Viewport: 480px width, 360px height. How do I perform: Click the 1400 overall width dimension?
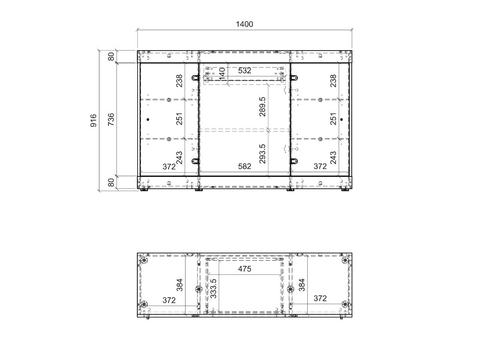click(244, 24)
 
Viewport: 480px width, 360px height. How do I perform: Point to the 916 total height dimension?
click(94, 120)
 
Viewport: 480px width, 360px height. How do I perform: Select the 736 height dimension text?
click(111, 119)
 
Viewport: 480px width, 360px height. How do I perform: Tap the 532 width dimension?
click(245, 70)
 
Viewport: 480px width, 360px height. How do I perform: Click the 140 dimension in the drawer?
click(222, 74)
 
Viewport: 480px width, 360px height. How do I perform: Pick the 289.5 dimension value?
click(262, 106)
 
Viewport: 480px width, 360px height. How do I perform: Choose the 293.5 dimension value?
click(262, 154)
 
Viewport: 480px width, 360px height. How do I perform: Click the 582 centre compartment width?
click(245, 167)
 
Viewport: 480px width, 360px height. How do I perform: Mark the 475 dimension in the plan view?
click(245, 269)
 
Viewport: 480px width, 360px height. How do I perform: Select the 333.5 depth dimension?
click(213, 288)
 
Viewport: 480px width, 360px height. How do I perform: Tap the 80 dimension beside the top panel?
click(111, 57)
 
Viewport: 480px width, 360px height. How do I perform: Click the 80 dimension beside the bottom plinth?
click(111, 182)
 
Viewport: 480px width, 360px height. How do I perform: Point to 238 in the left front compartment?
click(179, 81)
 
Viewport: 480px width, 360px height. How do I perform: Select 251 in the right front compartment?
click(333, 119)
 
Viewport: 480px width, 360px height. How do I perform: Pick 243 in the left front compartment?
click(179, 158)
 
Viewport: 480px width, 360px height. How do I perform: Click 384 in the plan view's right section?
click(302, 285)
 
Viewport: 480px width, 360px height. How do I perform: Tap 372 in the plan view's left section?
click(169, 300)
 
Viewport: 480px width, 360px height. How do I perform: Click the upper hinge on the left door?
click(196, 78)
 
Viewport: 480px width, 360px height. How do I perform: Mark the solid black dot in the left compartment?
click(148, 119)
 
